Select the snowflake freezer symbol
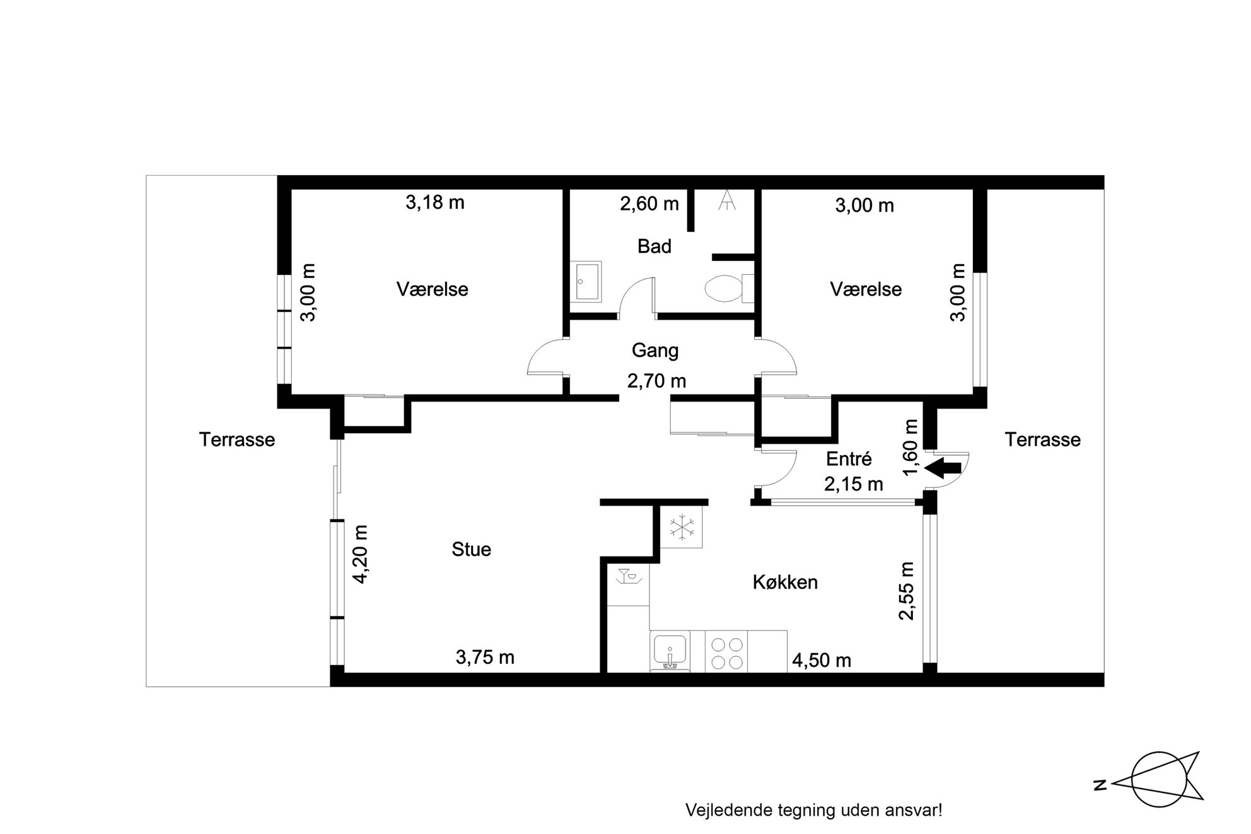[682, 527]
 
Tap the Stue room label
[471, 550]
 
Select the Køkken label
[785, 582]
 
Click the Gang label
[655, 350]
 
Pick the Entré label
[849, 459]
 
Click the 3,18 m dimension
[435, 202]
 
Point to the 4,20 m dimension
[359, 554]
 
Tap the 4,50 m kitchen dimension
[822, 661]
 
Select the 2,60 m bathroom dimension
[649, 204]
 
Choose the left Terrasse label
[237, 439]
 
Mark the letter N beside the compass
[1100, 785]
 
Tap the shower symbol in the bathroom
[728, 201]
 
